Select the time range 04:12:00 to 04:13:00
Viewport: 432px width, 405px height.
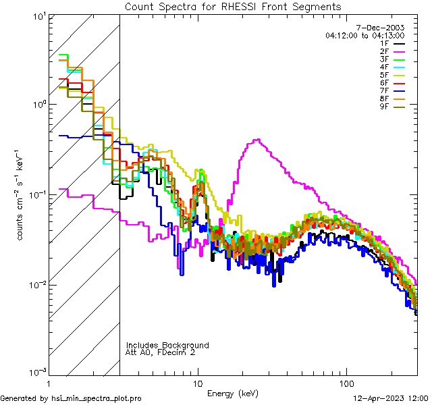[x=364, y=35]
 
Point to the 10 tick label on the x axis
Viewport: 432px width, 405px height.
[x=198, y=382]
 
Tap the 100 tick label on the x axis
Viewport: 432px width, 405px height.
[x=346, y=382]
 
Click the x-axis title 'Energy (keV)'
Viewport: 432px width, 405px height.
[x=233, y=393]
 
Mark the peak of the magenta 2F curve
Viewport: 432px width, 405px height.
[x=257, y=140]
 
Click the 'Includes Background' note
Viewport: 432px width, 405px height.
[x=167, y=345]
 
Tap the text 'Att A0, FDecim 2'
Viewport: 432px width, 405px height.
[x=161, y=352]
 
